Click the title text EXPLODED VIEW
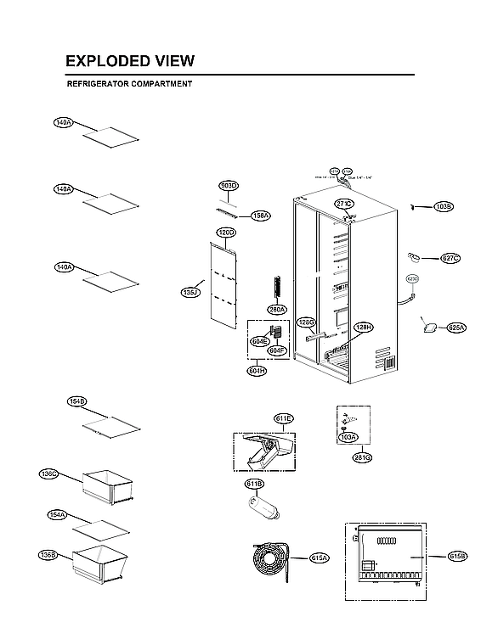130,61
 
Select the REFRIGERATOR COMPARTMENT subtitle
129,84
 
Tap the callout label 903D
229,185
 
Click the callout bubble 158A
260,216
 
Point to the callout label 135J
190,293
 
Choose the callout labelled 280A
277,310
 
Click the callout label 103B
444,206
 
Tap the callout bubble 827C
450,258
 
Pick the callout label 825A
456,327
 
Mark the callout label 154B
77,401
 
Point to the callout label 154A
58,514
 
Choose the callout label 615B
457,557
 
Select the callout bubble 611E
283,418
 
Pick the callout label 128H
364,328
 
